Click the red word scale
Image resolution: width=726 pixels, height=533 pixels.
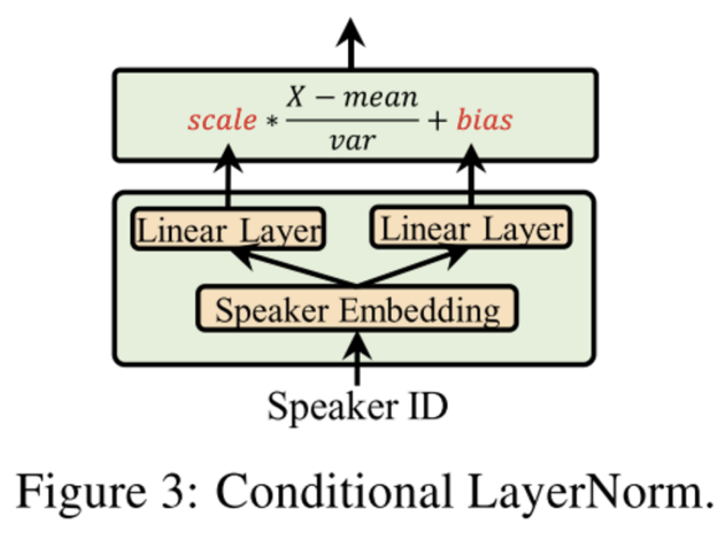pyautogui.click(x=222, y=120)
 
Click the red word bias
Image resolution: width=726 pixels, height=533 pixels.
pyautogui.click(x=485, y=120)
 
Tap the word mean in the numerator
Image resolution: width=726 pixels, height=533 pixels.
pyautogui.click(x=380, y=99)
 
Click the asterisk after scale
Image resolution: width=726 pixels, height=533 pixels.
pyautogui.click(x=271, y=122)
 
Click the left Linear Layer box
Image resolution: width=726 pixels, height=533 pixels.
pyautogui.click(x=229, y=230)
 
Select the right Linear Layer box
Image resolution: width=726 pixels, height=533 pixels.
pyautogui.click(x=471, y=229)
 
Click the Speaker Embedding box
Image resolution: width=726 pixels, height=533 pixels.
pyautogui.click(x=357, y=310)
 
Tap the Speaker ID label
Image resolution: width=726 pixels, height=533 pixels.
pyautogui.click(x=357, y=406)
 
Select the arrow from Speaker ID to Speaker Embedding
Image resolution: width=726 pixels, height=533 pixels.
pyautogui.click(x=357, y=357)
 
